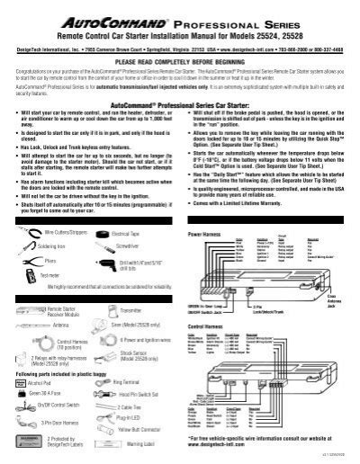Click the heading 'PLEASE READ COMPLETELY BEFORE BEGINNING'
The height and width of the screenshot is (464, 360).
click(180, 62)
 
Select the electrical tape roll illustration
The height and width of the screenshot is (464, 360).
click(103, 232)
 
